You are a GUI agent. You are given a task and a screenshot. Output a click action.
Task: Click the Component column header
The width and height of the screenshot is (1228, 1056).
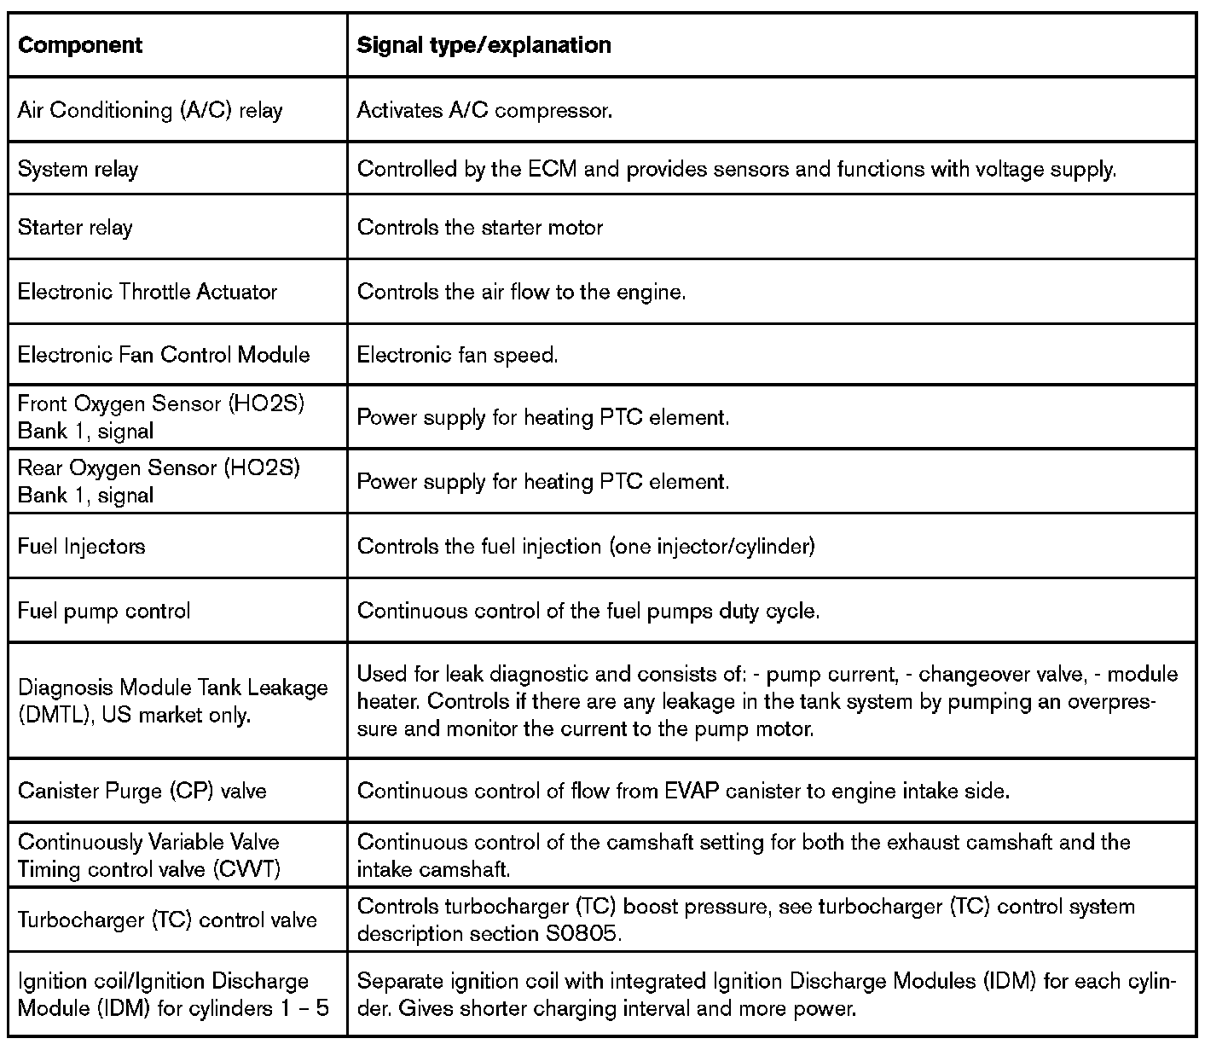click(80, 45)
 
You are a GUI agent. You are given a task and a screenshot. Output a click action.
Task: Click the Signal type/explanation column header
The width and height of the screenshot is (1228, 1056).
click(484, 45)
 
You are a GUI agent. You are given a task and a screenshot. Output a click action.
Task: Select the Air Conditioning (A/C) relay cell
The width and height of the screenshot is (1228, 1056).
click(150, 111)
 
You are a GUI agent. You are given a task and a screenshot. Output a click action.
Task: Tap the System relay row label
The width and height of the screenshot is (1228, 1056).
click(78, 169)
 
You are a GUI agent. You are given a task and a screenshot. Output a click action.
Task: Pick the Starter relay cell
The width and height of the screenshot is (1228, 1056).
click(75, 228)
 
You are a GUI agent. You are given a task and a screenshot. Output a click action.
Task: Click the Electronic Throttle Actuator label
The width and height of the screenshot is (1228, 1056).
click(148, 292)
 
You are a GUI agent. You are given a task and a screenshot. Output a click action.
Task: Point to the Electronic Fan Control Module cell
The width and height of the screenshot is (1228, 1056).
click(164, 355)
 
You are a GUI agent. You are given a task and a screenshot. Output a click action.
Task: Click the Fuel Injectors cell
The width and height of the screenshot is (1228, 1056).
click(82, 546)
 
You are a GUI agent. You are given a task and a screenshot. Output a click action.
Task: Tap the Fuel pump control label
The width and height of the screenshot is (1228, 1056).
click(104, 611)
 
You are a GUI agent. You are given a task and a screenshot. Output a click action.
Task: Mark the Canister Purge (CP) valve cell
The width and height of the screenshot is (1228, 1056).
click(142, 791)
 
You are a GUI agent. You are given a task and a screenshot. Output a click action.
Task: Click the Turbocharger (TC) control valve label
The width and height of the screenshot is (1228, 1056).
click(167, 920)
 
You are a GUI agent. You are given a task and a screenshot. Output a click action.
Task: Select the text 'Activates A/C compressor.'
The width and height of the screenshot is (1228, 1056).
click(484, 111)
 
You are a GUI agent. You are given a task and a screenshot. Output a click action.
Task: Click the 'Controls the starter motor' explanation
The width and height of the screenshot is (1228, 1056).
click(480, 228)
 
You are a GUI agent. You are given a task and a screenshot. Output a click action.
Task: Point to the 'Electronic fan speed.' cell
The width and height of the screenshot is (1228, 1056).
click(458, 355)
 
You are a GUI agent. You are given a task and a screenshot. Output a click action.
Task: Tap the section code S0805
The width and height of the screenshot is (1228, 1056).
click(579, 934)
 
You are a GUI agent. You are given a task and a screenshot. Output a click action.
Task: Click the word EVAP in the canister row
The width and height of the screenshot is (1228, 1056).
click(690, 791)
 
